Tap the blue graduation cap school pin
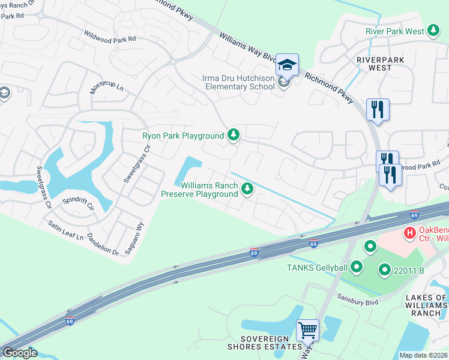click(288, 64)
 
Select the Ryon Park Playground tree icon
click(234, 136)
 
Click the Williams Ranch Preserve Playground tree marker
click(246, 190)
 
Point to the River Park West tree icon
click(433, 31)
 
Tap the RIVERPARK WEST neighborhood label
click(381, 64)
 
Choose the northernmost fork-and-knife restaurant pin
click(378, 110)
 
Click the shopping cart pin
click(307, 329)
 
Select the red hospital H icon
click(410, 232)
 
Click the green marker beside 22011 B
click(384, 271)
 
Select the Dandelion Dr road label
click(103, 245)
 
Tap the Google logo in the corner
click(19, 353)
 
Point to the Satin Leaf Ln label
click(66, 230)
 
